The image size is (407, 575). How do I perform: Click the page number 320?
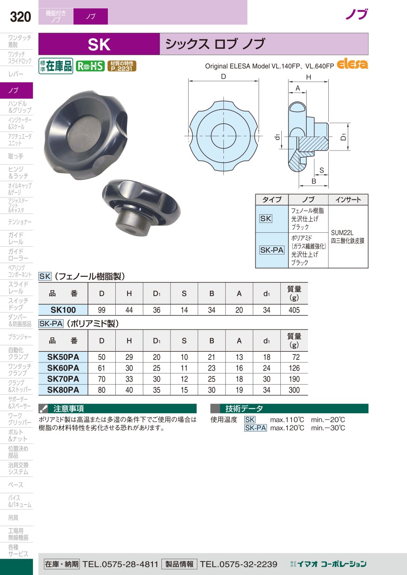coord(20,17)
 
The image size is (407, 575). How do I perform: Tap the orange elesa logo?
coord(352,64)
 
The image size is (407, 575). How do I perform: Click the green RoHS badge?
coord(90,66)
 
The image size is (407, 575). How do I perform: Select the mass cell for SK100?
coord(294,310)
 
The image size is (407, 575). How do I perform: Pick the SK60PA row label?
coord(63,368)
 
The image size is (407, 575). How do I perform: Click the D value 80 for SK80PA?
coord(102,390)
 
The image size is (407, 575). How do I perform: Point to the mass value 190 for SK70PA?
coord(294,379)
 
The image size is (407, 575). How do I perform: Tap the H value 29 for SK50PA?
coord(129,357)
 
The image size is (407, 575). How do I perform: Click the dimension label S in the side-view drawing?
coord(322,170)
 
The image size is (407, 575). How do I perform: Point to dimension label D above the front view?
coord(223,76)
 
